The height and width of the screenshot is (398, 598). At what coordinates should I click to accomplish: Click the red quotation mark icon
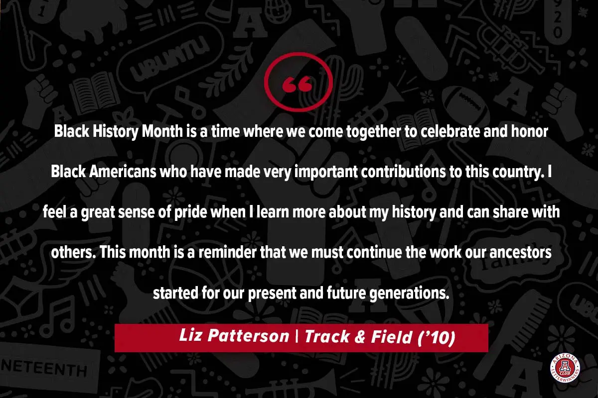click(x=299, y=82)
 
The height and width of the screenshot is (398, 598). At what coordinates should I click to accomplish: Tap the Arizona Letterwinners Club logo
click(x=565, y=368)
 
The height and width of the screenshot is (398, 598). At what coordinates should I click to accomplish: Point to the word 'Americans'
click(x=123, y=172)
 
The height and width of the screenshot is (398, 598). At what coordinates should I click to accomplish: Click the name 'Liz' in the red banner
click(x=190, y=335)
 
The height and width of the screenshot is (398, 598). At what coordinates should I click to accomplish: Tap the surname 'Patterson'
click(x=249, y=336)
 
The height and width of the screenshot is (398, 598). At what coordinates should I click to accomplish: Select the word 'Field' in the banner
click(x=391, y=336)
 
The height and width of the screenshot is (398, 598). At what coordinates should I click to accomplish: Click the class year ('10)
click(x=436, y=337)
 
